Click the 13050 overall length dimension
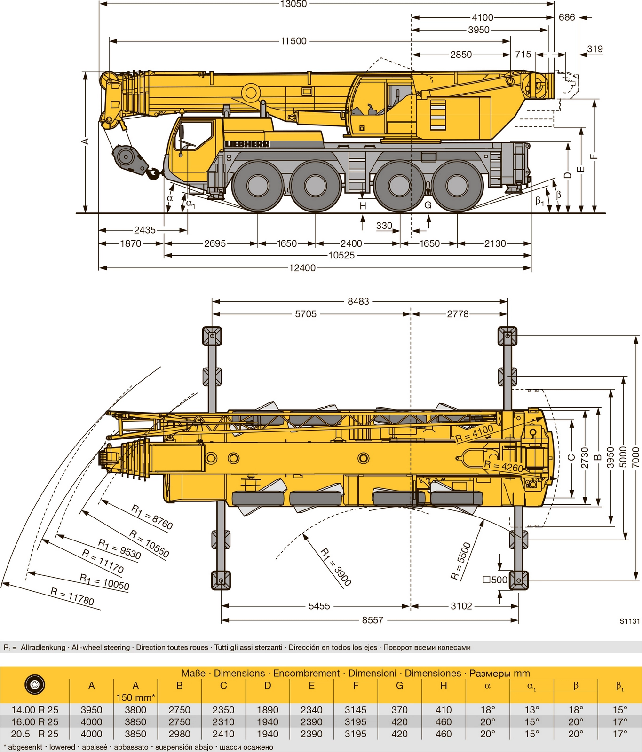pos(293,4)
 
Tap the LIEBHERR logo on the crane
pos(247,144)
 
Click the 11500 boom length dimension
pos(293,41)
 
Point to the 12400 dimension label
pos(302,268)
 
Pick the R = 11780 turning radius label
pos(72,597)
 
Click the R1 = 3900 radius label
pos(336,567)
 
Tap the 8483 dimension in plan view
pos(358,301)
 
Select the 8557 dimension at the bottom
pos(373,620)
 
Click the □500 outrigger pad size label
pos(495,580)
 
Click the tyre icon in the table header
pos(34,685)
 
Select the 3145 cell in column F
pos(356,710)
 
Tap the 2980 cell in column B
pos(179,734)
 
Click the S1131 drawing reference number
pos(629,621)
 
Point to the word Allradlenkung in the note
pos(43,647)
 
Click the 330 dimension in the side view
pos(384,226)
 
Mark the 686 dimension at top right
pos(567,17)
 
